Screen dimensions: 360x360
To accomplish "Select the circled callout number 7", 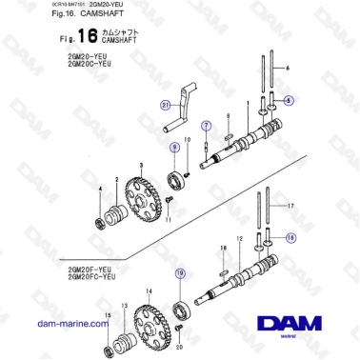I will click(204, 125).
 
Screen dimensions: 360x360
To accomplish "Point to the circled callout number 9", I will click(173, 148).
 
